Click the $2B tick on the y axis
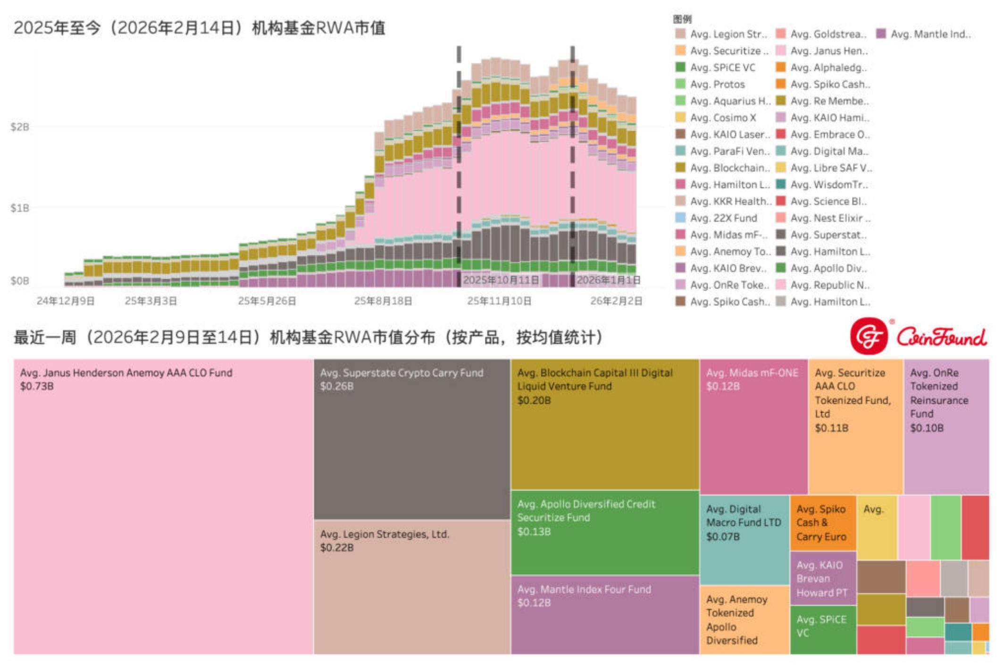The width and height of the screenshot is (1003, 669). click(x=20, y=127)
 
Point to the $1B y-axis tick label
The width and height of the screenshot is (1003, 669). click(x=20, y=208)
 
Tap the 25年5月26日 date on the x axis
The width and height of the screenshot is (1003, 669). click(x=267, y=301)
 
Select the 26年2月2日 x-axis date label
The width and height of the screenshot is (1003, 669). click(x=616, y=301)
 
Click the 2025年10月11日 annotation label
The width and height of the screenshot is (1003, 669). click(x=501, y=280)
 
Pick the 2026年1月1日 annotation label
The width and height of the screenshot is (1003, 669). click(x=609, y=280)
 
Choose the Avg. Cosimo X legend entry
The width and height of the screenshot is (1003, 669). click(x=722, y=118)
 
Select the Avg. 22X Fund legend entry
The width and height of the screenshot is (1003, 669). click(x=723, y=218)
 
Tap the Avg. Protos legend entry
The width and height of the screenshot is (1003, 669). click(x=717, y=85)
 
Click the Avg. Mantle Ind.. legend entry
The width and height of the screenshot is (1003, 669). click(x=930, y=34)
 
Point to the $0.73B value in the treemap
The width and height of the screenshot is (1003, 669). click(x=37, y=386)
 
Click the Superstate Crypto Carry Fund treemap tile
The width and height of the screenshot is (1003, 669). click(x=411, y=439)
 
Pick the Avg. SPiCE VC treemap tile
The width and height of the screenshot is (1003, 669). click(x=823, y=630)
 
